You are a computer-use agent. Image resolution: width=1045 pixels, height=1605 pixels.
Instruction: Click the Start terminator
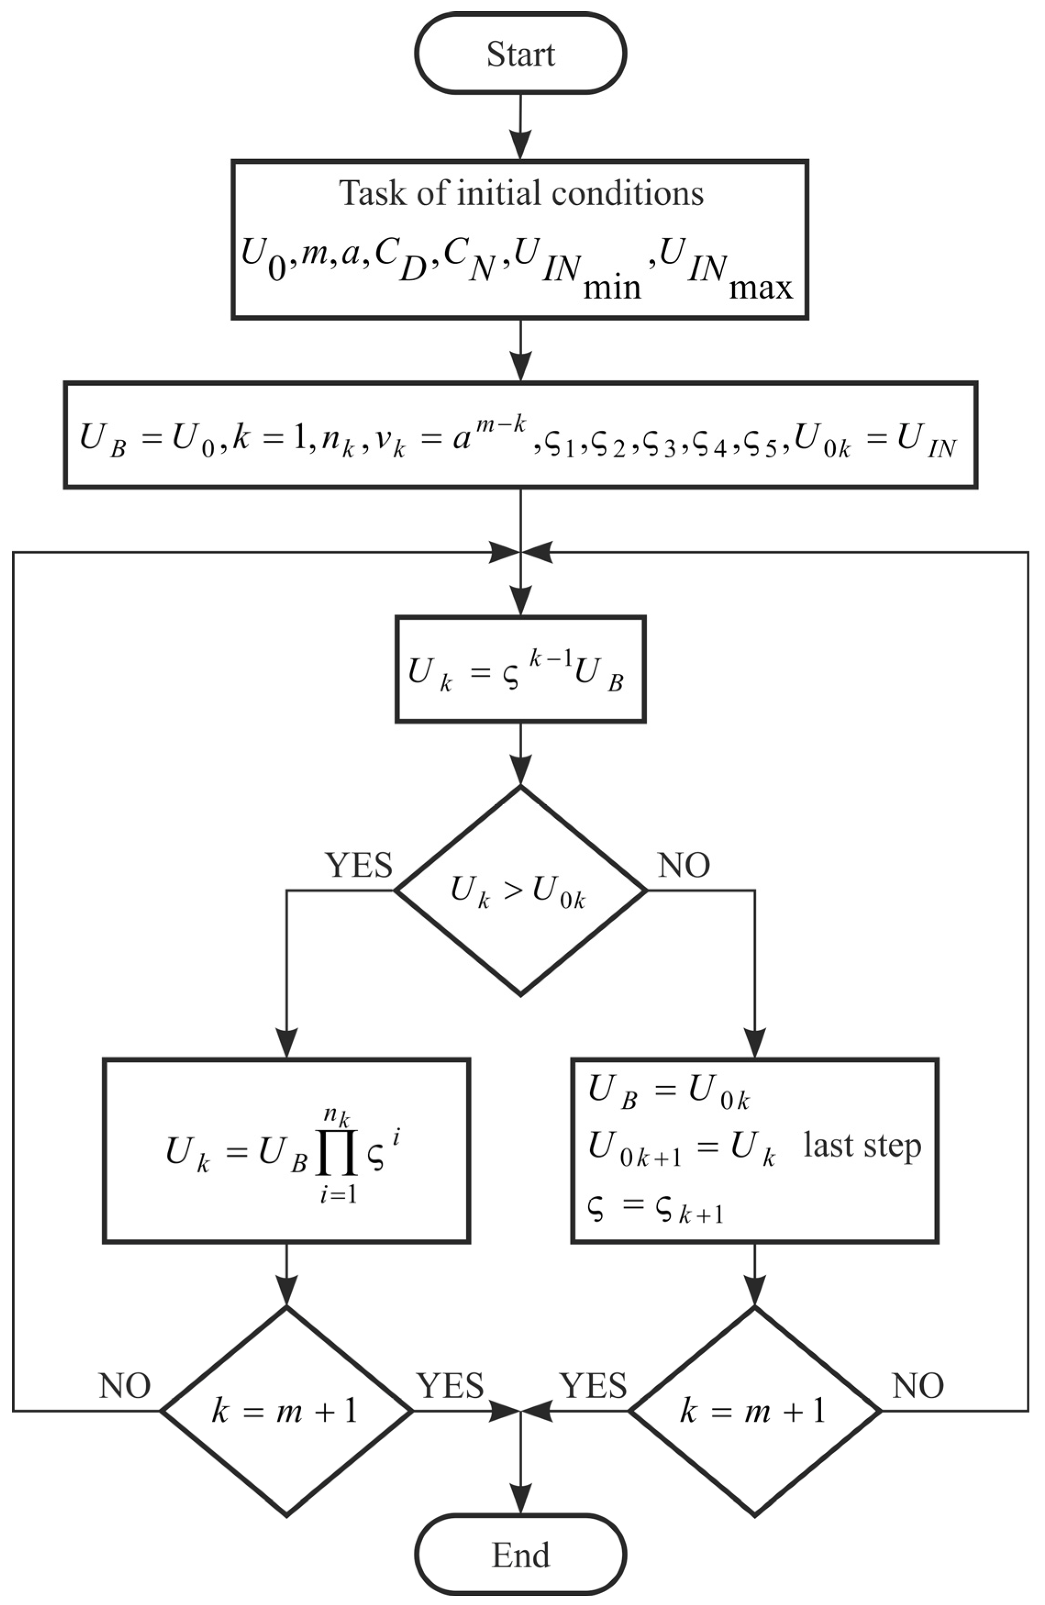pyautogui.click(x=520, y=54)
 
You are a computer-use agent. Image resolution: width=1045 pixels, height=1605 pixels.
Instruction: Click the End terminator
pyautogui.click(x=520, y=1555)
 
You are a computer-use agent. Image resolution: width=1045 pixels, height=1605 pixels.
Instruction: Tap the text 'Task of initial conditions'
pyautogui.click(x=520, y=194)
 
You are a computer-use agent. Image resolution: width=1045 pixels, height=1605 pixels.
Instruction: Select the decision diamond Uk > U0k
pyautogui.click(x=520, y=891)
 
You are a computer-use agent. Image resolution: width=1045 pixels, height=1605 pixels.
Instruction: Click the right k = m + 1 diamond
pyautogui.click(x=754, y=1411)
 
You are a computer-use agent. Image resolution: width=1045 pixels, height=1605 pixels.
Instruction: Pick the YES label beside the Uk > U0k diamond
pyautogui.click(x=359, y=865)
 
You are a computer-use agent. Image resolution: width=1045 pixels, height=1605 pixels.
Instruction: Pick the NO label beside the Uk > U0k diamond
pyautogui.click(x=684, y=865)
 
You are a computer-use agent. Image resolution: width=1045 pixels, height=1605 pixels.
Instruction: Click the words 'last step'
pyautogui.click(x=862, y=1146)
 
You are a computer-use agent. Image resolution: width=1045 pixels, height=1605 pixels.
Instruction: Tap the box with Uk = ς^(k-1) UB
pyautogui.click(x=520, y=670)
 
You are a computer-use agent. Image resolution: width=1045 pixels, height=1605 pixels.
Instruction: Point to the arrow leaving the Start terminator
pyautogui.click(x=520, y=128)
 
